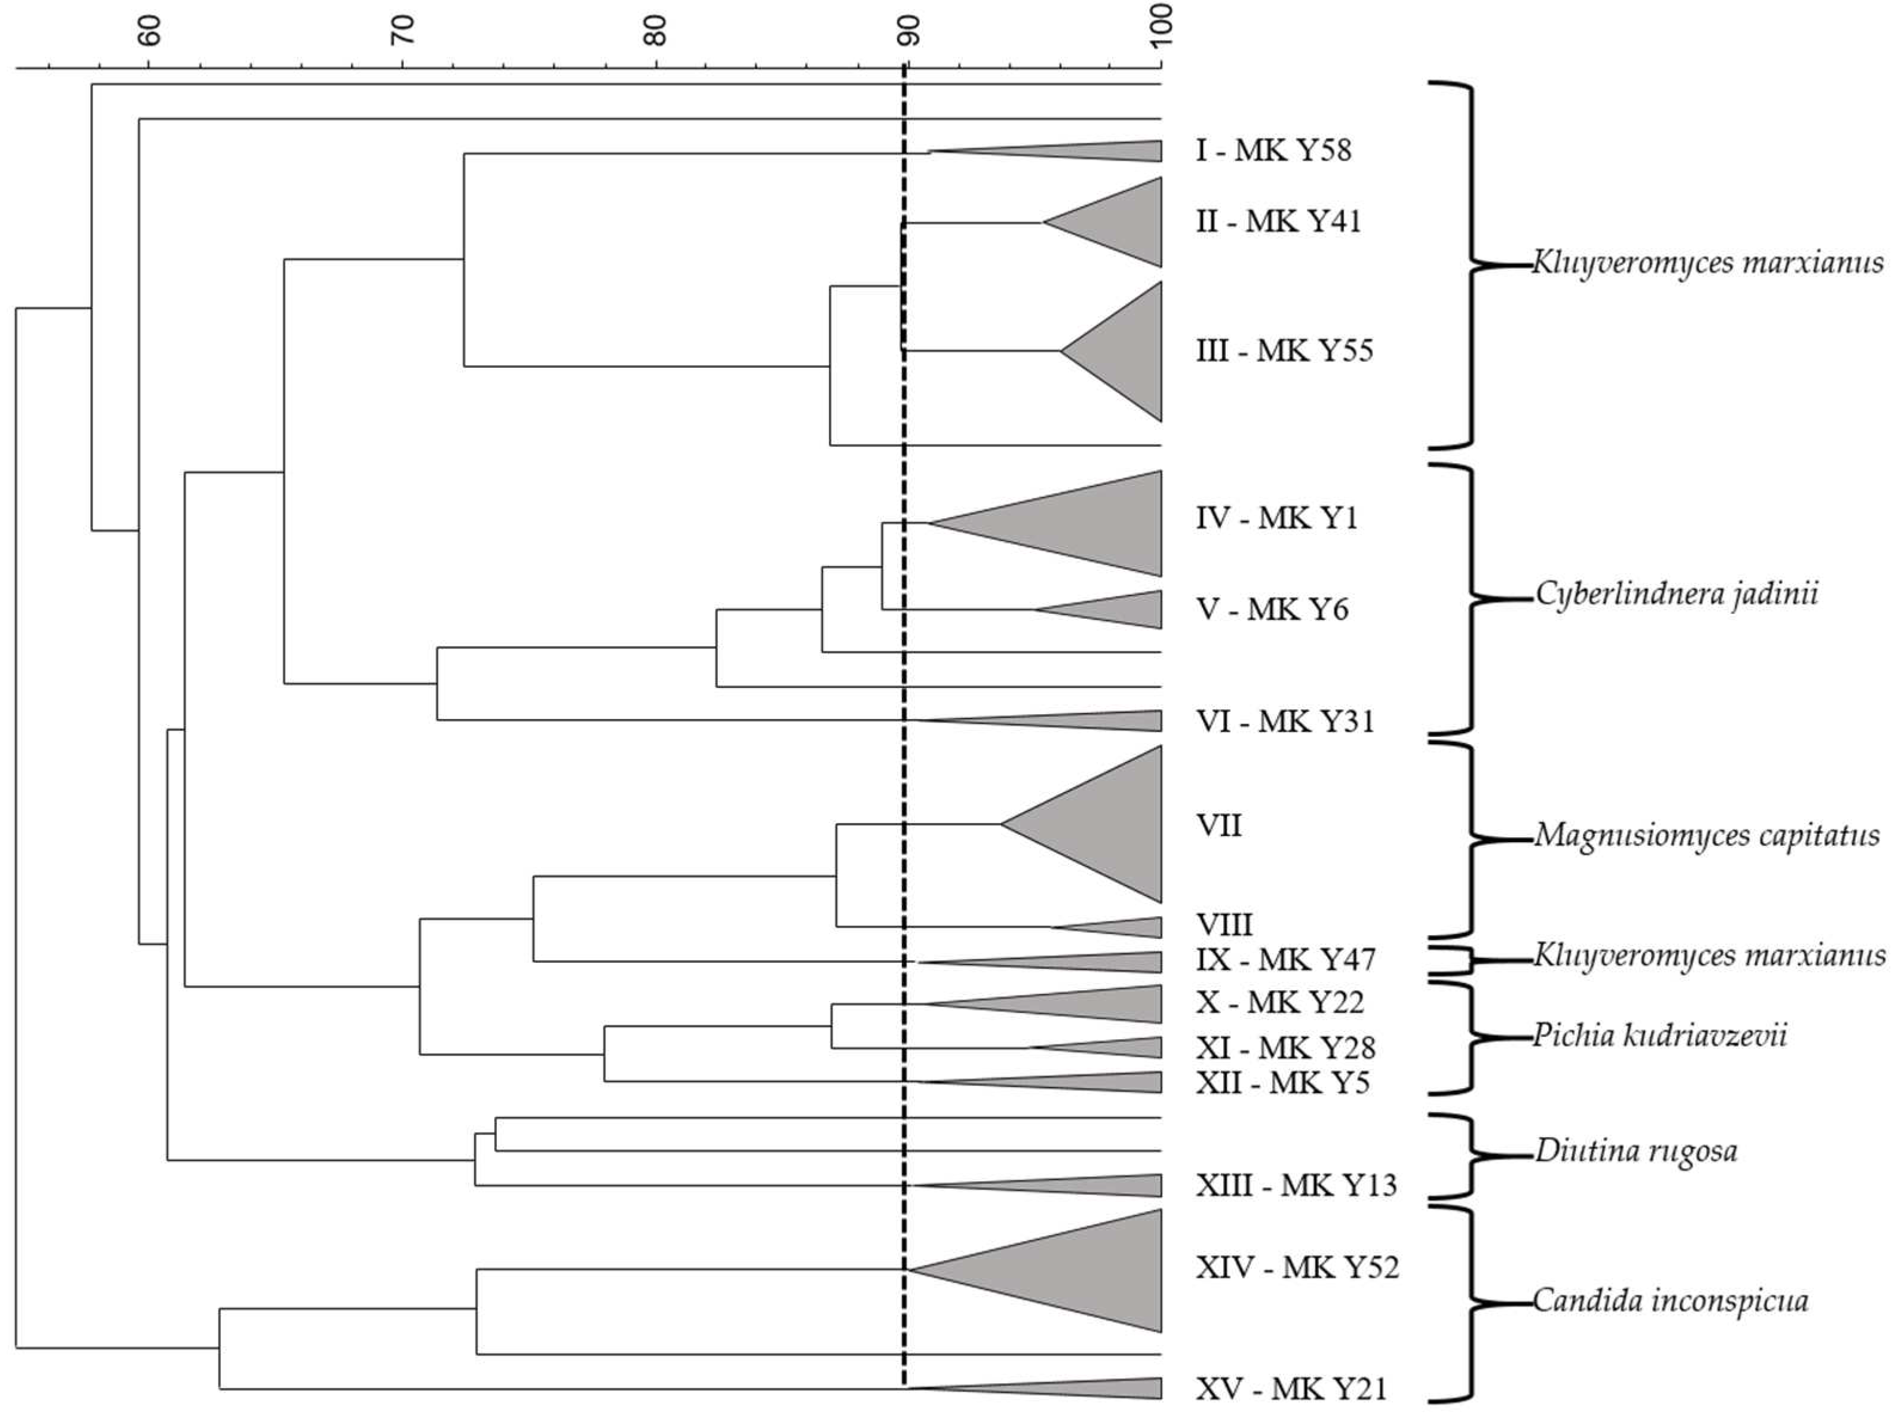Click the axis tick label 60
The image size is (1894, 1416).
(151, 32)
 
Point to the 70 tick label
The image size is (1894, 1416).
(403, 32)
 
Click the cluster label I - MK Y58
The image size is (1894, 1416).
(1273, 150)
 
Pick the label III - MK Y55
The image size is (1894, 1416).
(1284, 351)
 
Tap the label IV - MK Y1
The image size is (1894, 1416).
(1276, 518)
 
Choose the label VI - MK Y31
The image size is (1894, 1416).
(1284, 721)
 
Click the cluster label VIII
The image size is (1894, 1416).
(1224, 924)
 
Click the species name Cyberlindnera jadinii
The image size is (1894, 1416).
(1675, 594)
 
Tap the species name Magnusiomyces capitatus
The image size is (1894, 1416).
(1706, 835)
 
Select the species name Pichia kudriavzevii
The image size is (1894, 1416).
(1659, 1036)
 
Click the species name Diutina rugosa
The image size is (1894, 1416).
(1635, 1151)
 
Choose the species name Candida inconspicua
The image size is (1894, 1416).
(1669, 1301)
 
